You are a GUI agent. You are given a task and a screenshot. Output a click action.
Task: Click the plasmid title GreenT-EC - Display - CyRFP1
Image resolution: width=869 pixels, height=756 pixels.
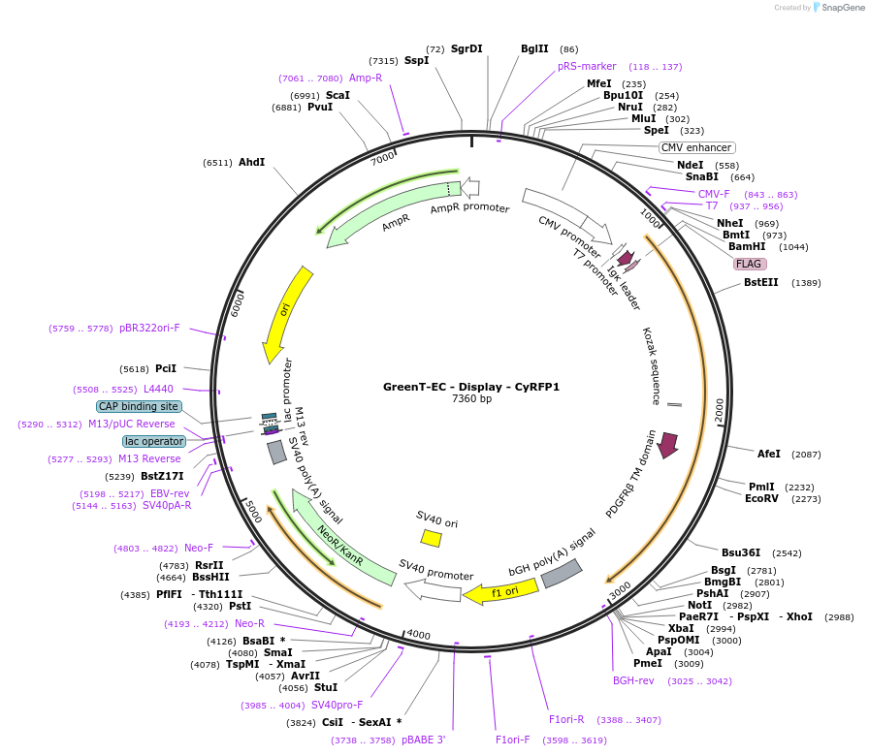click(x=471, y=387)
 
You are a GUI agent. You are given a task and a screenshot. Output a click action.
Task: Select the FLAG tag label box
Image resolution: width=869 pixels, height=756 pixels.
click(x=749, y=264)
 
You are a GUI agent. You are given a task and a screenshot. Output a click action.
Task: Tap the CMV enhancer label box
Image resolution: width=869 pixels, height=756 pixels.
click(x=696, y=147)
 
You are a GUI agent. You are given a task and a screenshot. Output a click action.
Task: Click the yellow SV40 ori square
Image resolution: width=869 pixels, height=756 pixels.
click(x=431, y=537)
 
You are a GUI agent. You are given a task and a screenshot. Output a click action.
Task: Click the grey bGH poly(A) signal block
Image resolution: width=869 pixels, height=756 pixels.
click(x=561, y=574)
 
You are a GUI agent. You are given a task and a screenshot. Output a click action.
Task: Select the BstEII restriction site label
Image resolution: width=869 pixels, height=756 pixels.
click(x=761, y=282)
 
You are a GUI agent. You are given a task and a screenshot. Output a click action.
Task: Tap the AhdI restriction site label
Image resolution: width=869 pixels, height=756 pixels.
click(x=251, y=162)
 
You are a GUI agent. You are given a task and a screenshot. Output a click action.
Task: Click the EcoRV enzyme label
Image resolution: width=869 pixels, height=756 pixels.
click(x=761, y=499)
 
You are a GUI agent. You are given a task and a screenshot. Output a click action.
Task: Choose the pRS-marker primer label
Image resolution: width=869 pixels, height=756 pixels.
click(x=587, y=66)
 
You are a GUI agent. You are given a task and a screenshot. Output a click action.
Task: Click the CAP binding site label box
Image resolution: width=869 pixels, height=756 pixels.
click(x=138, y=407)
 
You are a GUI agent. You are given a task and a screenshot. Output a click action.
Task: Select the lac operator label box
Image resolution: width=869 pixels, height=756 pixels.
click(x=153, y=441)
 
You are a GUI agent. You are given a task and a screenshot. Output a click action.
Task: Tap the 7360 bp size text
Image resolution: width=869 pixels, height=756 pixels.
click(x=471, y=398)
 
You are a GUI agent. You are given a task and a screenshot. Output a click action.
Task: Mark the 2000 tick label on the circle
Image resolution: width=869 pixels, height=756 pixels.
click(x=720, y=411)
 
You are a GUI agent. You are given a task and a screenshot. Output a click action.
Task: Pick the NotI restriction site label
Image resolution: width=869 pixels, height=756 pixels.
click(x=699, y=605)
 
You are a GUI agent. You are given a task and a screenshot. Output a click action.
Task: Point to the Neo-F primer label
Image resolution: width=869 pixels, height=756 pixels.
click(x=199, y=548)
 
